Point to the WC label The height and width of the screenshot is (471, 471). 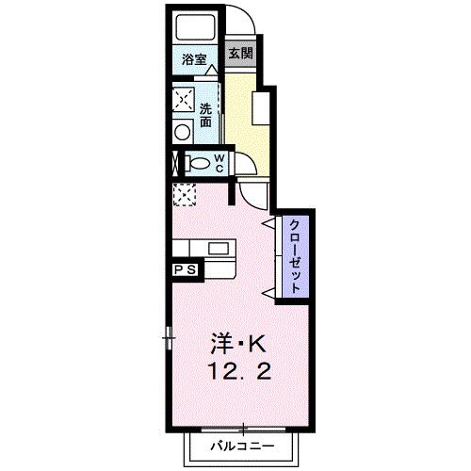pyautogui.click(x=218, y=162)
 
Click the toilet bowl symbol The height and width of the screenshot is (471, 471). pyautogui.click(x=196, y=162)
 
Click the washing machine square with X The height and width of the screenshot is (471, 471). pyautogui.click(x=183, y=99)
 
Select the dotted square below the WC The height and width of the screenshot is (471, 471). pyautogui.click(x=182, y=194)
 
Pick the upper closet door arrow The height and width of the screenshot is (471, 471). pyautogui.click(x=271, y=223)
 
